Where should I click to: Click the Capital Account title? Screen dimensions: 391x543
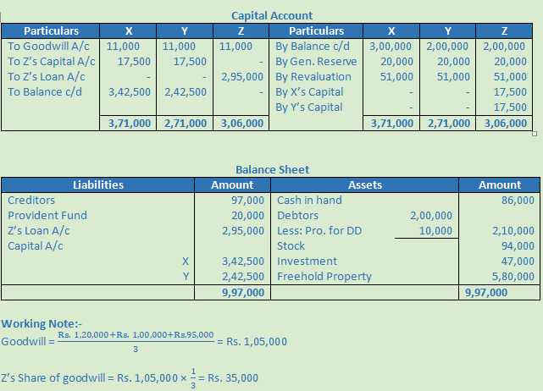coord(271,15)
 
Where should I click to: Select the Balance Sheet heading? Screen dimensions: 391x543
coord(271,169)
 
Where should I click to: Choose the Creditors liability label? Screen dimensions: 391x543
coord(31,201)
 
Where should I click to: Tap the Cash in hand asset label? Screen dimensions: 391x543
coord(309,201)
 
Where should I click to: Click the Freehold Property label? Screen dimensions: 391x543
coord(324,277)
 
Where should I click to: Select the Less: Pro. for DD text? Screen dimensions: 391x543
coord(319,231)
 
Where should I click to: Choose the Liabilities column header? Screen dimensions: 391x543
coord(98,184)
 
